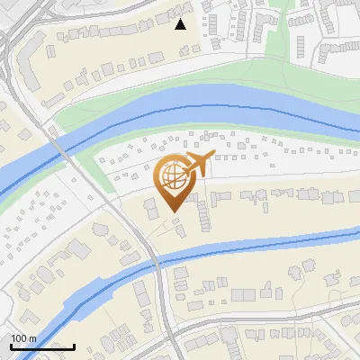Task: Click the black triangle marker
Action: tap(181, 24)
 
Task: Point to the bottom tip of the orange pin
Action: tap(171, 212)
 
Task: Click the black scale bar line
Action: tap(42, 346)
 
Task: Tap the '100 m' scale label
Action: tap(23, 337)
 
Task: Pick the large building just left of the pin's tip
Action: tap(149, 208)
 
